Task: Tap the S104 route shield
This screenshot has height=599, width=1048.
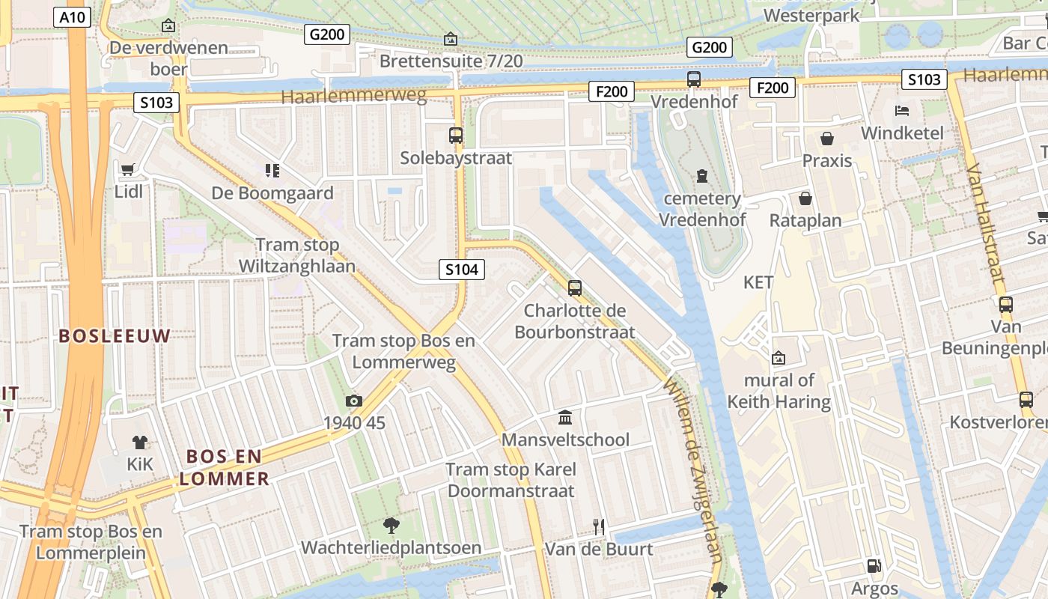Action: [x=462, y=270]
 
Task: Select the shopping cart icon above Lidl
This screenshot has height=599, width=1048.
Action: [x=127, y=169]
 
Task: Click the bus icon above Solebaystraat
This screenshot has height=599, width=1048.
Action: [x=456, y=136]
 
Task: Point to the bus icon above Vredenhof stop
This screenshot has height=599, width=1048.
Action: [x=694, y=79]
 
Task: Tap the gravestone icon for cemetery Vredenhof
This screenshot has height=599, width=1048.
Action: [x=701, y=176]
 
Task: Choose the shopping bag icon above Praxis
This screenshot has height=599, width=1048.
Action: [x=827, y=139]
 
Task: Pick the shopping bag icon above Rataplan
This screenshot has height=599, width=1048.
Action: [x=805, y=198]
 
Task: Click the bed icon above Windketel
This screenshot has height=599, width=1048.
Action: [x=902, y=111]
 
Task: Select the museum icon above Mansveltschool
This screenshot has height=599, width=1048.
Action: [x=565, y=417]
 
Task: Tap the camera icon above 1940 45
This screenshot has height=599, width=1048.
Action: [x=354, y=401]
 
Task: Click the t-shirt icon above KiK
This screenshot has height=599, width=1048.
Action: [x=139, y=442]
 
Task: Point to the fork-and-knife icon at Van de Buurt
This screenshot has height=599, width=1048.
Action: [x=598, y=526]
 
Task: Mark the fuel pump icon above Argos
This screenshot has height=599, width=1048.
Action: [x=874, y=566]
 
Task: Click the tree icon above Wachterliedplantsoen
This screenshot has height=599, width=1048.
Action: [x=390, y=526]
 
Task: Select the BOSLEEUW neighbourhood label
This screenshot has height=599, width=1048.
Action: [x=115, y=336]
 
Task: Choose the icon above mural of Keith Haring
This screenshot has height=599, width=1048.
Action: [x=779, y=358]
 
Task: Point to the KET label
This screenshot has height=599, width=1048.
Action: [x=758, y=282]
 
